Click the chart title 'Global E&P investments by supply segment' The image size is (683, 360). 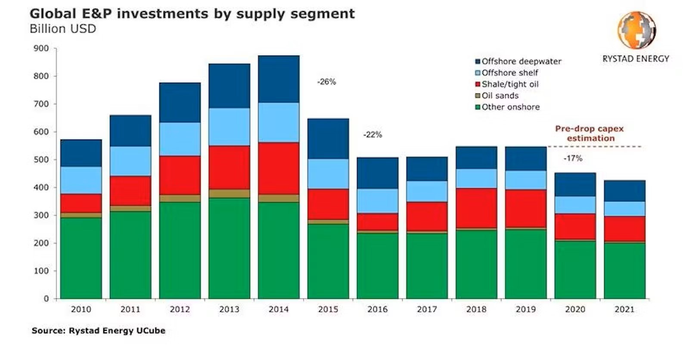tap(192, 14)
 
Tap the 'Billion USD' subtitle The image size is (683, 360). tap(63, 29)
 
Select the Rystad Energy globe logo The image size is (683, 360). tap(636, 30)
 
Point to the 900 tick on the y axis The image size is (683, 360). tap(41, 48)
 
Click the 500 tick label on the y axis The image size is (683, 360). tap(41, 160)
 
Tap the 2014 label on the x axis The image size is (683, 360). tap(279, 309)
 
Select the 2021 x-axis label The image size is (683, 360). tap(624, 309)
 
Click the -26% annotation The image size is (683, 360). tap(326, 82)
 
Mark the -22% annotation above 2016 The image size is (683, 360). tap(373, 135)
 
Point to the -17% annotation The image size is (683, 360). tap(573, 158)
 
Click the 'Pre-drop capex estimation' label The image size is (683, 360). tap(590, 133)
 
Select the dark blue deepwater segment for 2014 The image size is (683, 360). tap(279, 79)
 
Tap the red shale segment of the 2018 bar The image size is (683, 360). tap(476, 208)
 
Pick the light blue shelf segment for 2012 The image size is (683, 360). tap(180, 139)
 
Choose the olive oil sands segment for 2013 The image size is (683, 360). tap(229, 194)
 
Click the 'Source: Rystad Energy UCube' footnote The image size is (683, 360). tap(98, 331)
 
